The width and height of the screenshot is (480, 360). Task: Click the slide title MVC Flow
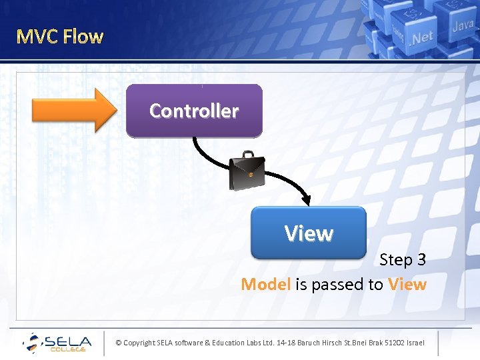coord(60,36)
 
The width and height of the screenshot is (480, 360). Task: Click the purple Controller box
coord(194,111)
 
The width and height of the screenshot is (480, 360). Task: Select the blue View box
coord(309,233)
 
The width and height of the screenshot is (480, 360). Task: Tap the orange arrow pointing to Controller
coord(73,110)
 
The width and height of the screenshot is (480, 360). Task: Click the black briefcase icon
coord(246,173)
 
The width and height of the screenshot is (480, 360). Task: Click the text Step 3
coord(403,259)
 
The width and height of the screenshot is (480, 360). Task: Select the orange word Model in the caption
coord(265,285)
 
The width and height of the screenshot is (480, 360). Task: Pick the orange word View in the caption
coord(407,285)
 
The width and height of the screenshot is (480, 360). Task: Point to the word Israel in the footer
coord(413,343)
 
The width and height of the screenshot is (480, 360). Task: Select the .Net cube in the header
coord(420,37)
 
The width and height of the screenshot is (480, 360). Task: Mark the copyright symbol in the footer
coord(118,343)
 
